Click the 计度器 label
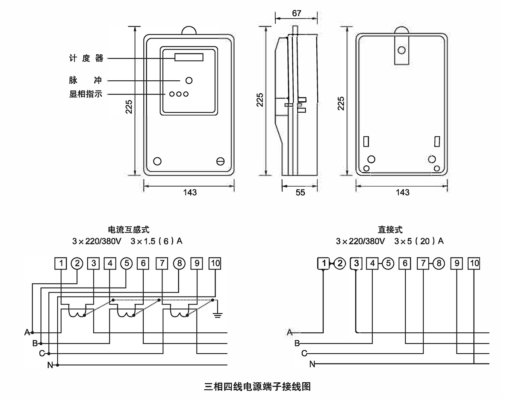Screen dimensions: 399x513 pos(86,58)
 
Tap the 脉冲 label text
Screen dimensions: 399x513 pos(86,80)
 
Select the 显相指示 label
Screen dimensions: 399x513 pos(86,94)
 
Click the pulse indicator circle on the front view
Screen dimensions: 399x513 pos(189,80)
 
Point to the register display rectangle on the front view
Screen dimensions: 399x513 pos(189,57)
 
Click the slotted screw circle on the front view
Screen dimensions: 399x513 pos(221,161)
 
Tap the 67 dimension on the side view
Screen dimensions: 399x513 pos(297,13)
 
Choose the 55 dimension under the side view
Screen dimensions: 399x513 pos(300,193)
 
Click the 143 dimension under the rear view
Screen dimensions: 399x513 pos(403,192)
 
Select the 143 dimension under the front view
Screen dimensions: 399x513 pos(189,192)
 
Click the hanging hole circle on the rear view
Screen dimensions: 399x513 pos(401,50)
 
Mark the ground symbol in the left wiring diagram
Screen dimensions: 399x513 pos(218,315)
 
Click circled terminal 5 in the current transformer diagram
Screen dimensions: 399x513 pos(127,263)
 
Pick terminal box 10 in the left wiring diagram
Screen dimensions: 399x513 pos(215,263)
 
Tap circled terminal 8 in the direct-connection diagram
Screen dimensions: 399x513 pos(439,263)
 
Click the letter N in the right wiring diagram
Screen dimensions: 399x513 pos(312,364)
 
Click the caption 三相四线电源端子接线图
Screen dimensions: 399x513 pos(257,387)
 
